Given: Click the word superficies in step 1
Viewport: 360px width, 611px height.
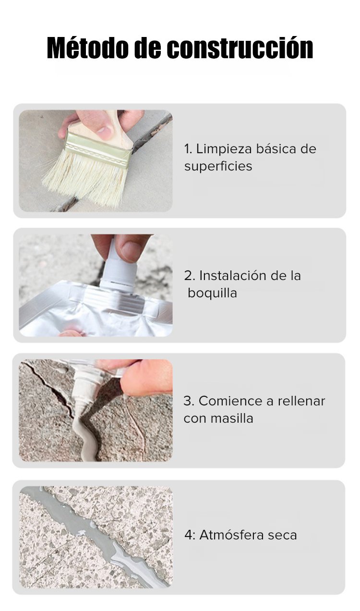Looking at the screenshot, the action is [x=218, y=166].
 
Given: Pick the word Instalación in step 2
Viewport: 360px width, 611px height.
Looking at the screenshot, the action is [x=233, y=276].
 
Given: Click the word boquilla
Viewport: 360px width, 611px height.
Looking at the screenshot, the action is [x=212, y=293].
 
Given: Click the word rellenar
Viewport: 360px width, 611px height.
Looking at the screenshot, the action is [x=301, y=401].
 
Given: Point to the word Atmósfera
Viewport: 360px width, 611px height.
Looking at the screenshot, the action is [x=231, y=535].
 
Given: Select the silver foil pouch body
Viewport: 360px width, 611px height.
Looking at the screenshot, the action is [x=96, y=314].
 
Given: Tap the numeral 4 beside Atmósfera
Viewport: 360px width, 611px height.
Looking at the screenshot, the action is [x=188, y=535].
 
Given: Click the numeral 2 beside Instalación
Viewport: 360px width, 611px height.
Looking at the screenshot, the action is [x=188, y=276].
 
